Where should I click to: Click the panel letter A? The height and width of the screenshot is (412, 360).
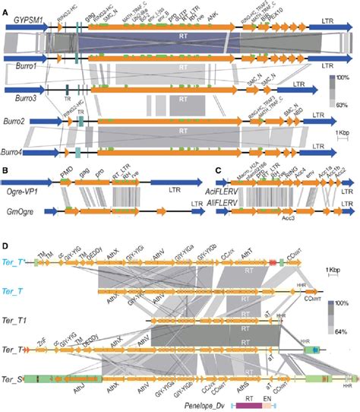[x=5, y=6]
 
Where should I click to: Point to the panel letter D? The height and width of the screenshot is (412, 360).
[x=5, y=245]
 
